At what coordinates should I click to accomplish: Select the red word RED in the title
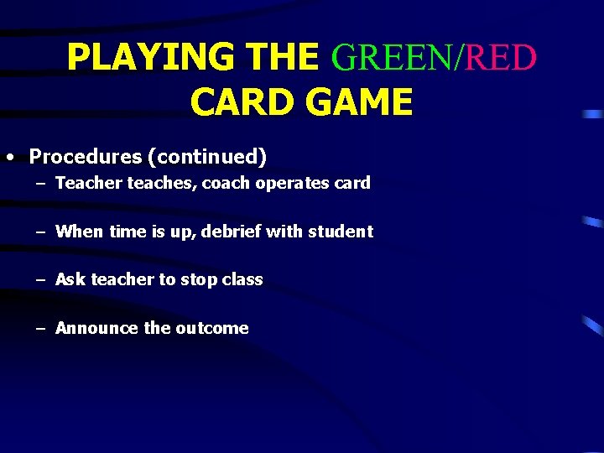click(x=502, y=58)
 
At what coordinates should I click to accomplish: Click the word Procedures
click(x=86, y=157)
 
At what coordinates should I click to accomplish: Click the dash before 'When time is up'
click(x=41, y=232)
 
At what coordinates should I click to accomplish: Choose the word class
click(x=242, y=279)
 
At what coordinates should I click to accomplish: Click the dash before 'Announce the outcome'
click(x=41, y=329)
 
